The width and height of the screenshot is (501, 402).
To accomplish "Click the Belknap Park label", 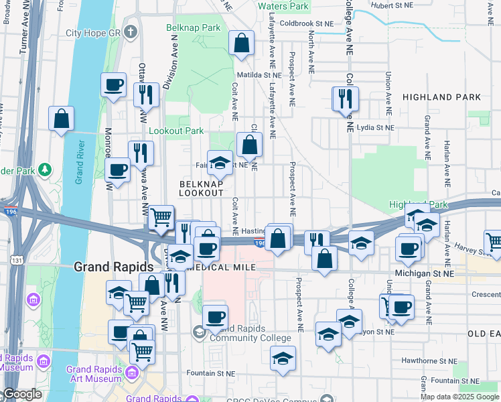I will point(194,28).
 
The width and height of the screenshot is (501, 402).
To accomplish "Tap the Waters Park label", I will point(283,6).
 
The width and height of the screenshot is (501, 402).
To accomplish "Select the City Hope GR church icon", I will point(131,32).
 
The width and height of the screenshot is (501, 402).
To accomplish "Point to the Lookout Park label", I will point(175,131).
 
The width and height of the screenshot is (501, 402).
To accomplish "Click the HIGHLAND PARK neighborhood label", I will point(441,97).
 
